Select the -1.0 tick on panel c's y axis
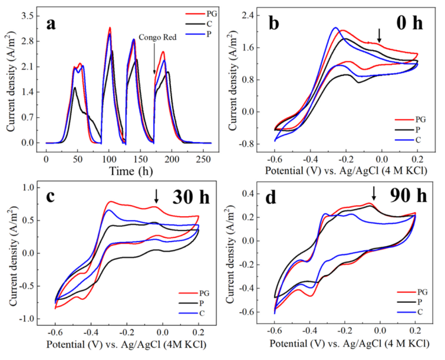coord(29,319)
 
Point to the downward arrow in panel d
coord(374,193)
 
